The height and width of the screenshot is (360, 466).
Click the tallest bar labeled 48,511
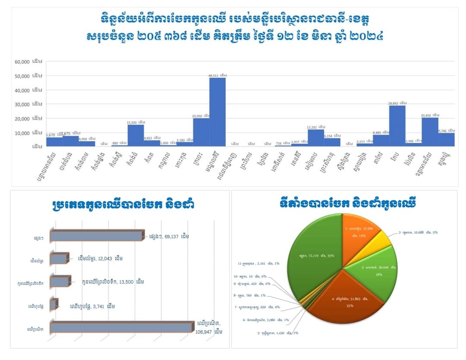(217, 111)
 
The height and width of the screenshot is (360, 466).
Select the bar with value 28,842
(397, 125)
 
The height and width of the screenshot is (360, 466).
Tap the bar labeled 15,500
(136, 135)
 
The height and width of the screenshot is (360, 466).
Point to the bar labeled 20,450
(430, 132)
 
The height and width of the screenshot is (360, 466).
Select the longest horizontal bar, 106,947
(121, 327)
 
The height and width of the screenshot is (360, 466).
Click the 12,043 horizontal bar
(58, 259)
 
